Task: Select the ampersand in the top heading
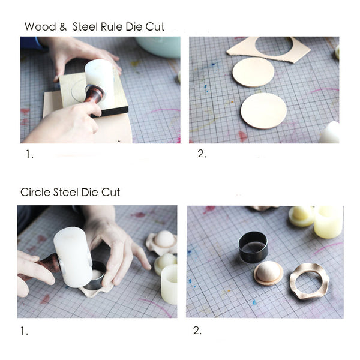click(x=61, y=27)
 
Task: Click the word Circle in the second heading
click(x=35, y=193)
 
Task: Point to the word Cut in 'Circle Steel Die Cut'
click(x=110, y=193)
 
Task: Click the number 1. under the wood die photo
click(x=29, y=154)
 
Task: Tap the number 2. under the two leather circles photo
click(x=202, y=154)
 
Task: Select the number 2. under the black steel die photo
click(x=198, y=331)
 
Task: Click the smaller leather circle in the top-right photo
click(x=253, y=72)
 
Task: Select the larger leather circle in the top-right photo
click(x=263, y=110)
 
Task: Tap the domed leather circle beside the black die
click(x=268, y=273)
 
